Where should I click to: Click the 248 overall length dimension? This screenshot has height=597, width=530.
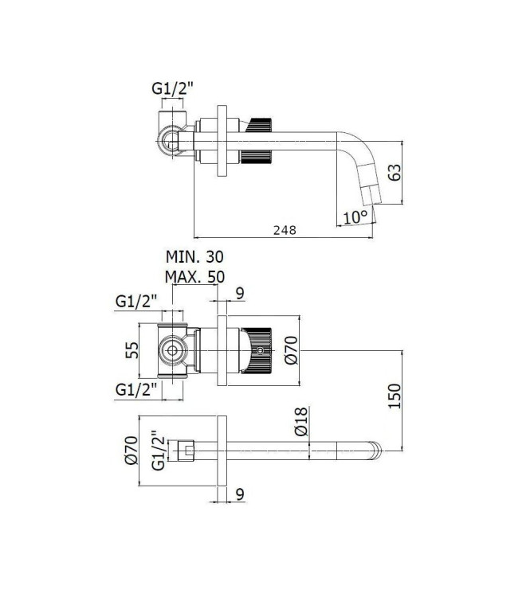coord(283,229)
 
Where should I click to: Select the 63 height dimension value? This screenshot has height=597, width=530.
coord(394,173)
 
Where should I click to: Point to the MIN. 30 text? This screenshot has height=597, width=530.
coord(194,257)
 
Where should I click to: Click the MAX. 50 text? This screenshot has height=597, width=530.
coord(194,276)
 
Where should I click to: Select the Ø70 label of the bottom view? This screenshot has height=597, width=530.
coord(132,451)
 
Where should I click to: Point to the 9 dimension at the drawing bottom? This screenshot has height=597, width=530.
coord(240,494)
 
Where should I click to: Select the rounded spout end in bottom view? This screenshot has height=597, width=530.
coord(376,451)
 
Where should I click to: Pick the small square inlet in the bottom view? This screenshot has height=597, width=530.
coord(189,451)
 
